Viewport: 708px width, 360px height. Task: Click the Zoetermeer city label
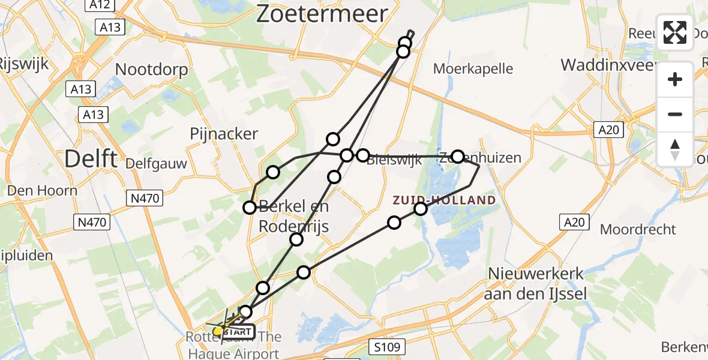(322, 13)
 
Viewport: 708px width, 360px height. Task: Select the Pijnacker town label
(224, 134)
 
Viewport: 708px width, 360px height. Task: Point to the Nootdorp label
(151, 70)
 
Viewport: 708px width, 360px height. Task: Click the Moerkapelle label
(473, 68)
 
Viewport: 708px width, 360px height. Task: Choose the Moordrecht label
(638, 229)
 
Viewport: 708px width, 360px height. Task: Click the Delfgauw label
(156, 163)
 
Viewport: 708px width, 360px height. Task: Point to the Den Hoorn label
(42, 191)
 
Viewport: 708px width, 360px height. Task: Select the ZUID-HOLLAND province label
(445, 200)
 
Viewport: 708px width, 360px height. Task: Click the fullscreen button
(675, 32)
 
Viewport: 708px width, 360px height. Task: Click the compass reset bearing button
(675, 149)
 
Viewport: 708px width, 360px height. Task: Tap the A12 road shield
(99, 5)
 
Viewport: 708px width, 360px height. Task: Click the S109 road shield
(388, 346)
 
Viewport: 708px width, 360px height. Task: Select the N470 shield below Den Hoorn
(92, 223)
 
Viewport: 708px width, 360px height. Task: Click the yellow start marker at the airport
(218, 331)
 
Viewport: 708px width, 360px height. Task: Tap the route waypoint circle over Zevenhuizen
(458, 157)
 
